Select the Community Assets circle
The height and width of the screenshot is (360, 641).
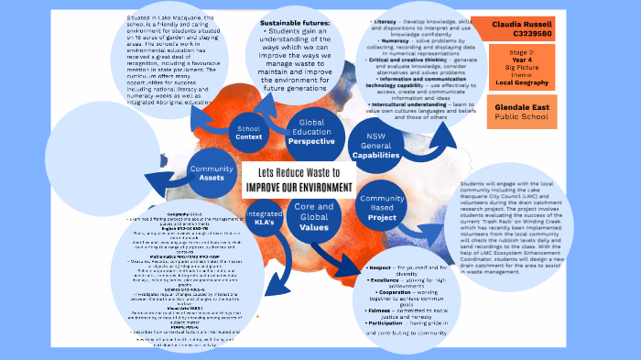click(x=212, y=174)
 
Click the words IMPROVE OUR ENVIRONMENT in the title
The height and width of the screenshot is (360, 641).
click(x=298, y=187)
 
